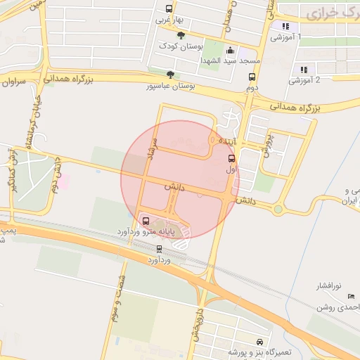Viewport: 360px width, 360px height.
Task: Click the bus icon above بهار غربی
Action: click(x=168, y=9)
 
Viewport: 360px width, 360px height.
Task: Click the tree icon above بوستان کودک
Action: click(x=181, y=35)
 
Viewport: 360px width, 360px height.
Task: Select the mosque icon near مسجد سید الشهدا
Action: click(x=230, y=51)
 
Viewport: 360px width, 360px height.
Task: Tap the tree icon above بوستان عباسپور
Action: click(x=169, y=75)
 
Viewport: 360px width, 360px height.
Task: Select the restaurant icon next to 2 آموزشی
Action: click(x=304, y=70)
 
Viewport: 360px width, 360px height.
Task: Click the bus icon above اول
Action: click(x=232, y=158)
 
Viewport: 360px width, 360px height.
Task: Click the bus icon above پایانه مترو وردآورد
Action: click(x=146, y=221)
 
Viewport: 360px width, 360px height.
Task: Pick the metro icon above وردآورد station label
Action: click(x=159, y=248)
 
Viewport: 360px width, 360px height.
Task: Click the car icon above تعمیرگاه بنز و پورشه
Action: click(x=259, y=340)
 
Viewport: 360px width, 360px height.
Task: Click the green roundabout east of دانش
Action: click(x=278, y=209)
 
